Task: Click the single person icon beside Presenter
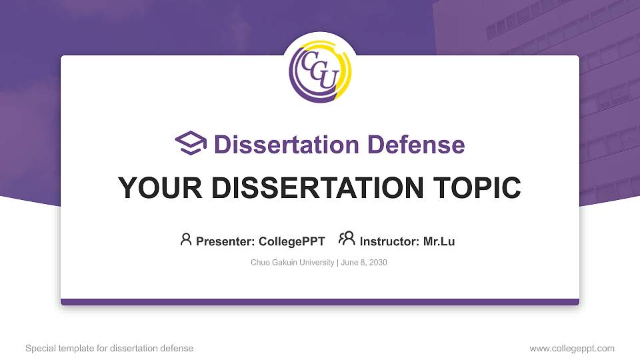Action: coord(186,239)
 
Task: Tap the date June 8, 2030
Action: coord(364,263)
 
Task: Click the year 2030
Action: coord(377,263)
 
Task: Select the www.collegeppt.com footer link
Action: coord(572,349)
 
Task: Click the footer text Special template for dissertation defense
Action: coord(109,349)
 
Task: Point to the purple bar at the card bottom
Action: coord(320,302)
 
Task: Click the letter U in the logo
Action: coord(326,79)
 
